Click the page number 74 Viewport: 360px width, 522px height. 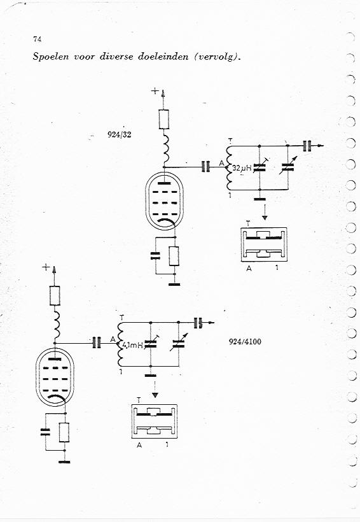point(38,39)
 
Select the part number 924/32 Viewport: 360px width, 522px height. point(119,134)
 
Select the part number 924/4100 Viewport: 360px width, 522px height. point(246,342)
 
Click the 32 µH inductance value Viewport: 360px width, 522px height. point(242,168)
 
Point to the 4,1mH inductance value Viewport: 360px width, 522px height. point(133,345)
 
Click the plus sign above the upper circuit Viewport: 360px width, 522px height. point(155,90)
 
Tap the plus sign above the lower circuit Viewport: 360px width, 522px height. point(46,267)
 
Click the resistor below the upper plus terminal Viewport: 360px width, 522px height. point(163,119)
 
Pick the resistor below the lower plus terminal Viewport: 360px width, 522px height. point(55,295)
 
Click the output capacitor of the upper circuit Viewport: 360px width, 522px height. point(307,146)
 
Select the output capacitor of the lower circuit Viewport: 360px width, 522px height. point(198,323)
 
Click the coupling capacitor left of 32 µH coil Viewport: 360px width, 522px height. point(206,166)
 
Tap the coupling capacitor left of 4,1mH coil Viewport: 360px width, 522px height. point(97,343)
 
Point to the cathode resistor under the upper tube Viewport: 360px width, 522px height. point(174,256)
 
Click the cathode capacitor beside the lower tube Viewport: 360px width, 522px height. point(45,432)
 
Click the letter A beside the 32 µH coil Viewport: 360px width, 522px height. point(221,163)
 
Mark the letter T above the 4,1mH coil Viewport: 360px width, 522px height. point(121,318)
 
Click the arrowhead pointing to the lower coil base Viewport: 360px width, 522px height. point(155,395)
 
